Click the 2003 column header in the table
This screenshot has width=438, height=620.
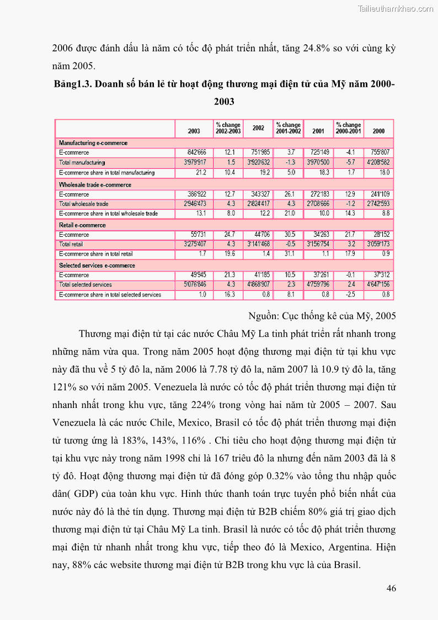click(194, 131)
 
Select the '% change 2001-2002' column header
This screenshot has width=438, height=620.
click(288, 128)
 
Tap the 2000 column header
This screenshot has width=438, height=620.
click(378, 131)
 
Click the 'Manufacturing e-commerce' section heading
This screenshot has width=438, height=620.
click(93, 143)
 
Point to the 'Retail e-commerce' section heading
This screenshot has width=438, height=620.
click(82, 225)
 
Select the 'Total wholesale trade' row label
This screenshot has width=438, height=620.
click(84, 204)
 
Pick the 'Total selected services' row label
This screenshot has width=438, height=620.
click(86, 284)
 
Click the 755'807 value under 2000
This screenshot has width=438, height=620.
click(378, 152)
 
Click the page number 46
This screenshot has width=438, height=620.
click(391, 589)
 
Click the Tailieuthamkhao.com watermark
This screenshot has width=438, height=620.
click(396, 8)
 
